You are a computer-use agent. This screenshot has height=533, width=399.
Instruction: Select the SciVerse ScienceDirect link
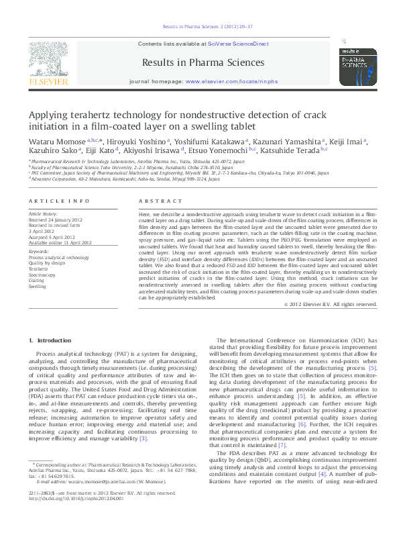tap(238, 44)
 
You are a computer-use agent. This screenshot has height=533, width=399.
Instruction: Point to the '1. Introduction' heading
tap(49, 341)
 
